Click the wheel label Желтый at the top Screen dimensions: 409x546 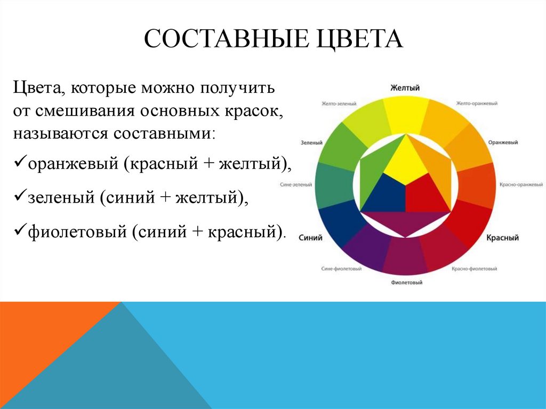[x=405, y=87]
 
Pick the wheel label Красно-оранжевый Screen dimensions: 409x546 [x=521, y=185]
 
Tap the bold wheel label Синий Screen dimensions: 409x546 [x=310, y=238]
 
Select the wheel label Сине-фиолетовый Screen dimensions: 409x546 [x=342, y=269]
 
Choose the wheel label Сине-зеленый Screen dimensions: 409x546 [x=296, y=185]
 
